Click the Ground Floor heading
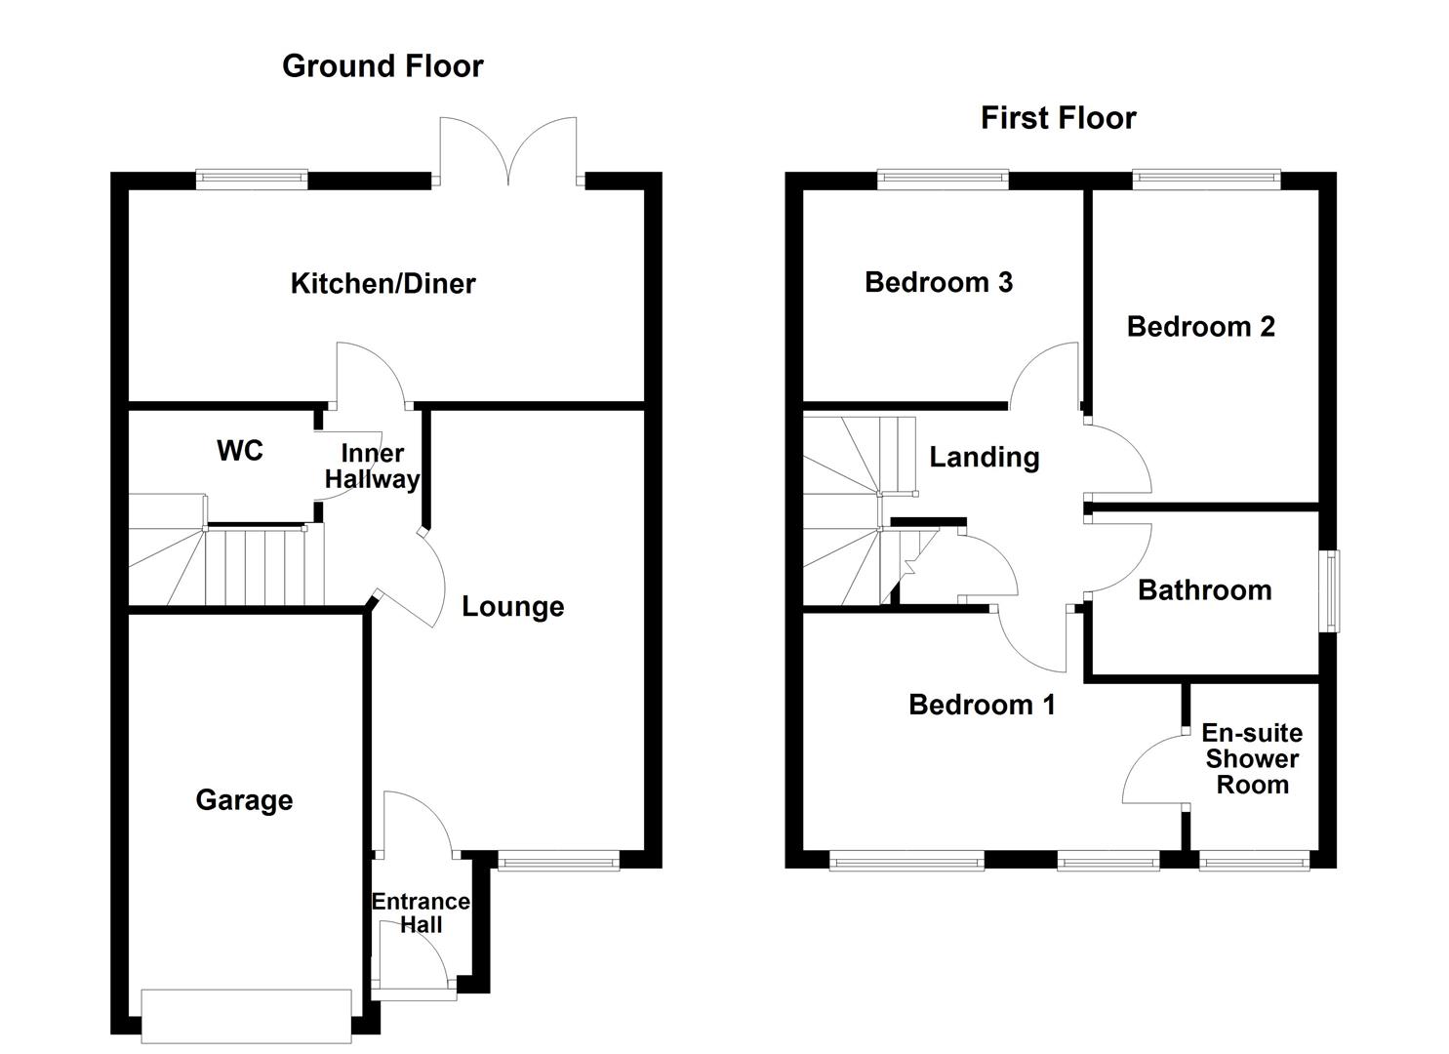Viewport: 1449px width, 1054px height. tap(382, 66)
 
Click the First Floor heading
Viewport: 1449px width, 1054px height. tap(1058, 118)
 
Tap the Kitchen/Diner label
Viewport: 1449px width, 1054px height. tap(382, 284)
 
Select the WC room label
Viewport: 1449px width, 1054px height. tap(240, 451)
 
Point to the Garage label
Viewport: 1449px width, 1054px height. tap(244, 800)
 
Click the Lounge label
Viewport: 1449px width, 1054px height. tap(512, 607)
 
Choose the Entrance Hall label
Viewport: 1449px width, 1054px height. tap(421, 913)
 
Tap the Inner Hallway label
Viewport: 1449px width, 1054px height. tap(372, 466)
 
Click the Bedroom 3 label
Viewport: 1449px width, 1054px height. tap(939, 282)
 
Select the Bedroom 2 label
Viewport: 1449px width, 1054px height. tap(1200, 327)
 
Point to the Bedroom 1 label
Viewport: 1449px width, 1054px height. tap(982, 705)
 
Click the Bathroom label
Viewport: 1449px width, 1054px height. tap(1204, 590)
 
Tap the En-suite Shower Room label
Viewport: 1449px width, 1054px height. tap(1252, 759)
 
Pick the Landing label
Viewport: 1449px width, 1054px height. tap(984, 458)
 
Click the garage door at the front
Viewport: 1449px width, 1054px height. tap(246, 1016)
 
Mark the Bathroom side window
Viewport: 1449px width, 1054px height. tap(1329, 591)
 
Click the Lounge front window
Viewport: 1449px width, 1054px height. tap(558, 860)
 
